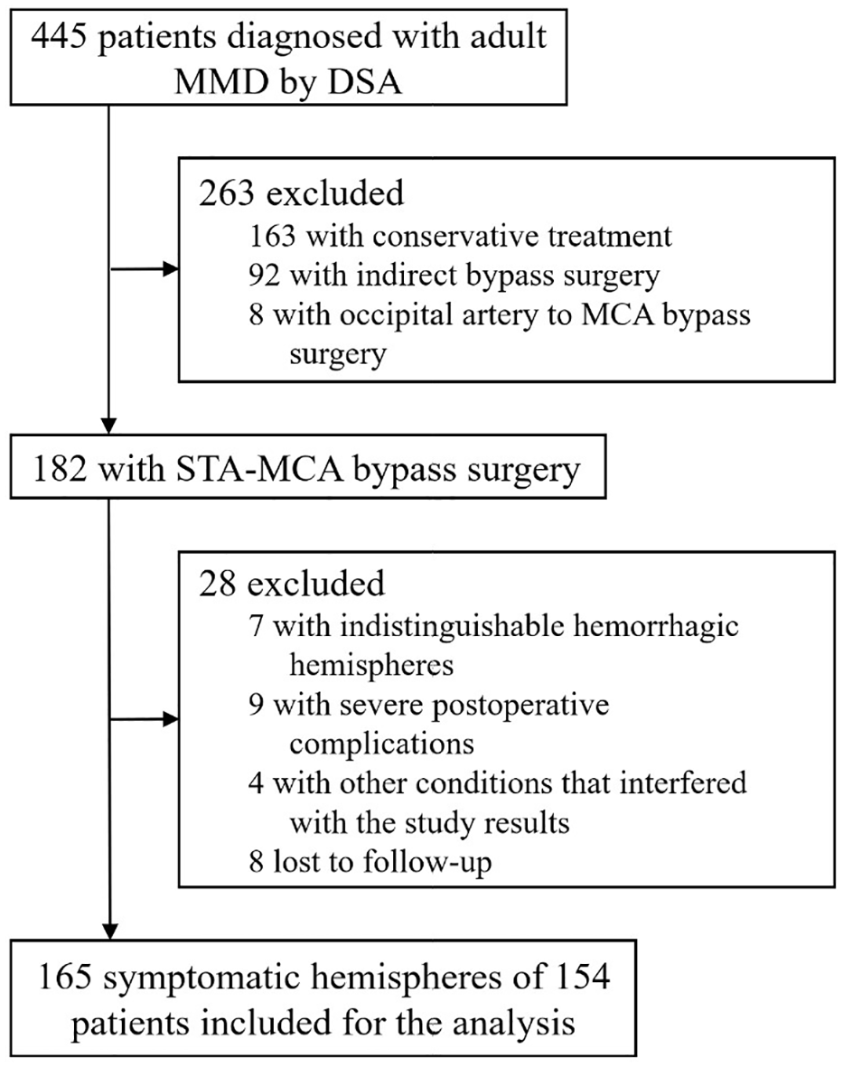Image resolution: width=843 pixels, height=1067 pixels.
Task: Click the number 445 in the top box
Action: point(60,36)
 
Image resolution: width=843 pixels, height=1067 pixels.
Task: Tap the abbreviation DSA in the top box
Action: point(364,81)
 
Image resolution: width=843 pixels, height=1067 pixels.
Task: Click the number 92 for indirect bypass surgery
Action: point(265,276)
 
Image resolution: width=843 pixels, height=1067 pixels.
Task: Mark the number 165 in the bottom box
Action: point(65,978)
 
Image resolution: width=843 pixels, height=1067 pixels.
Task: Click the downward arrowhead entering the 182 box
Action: point(108,425)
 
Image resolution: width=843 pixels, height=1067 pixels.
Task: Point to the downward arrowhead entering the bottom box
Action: point(108,931)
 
